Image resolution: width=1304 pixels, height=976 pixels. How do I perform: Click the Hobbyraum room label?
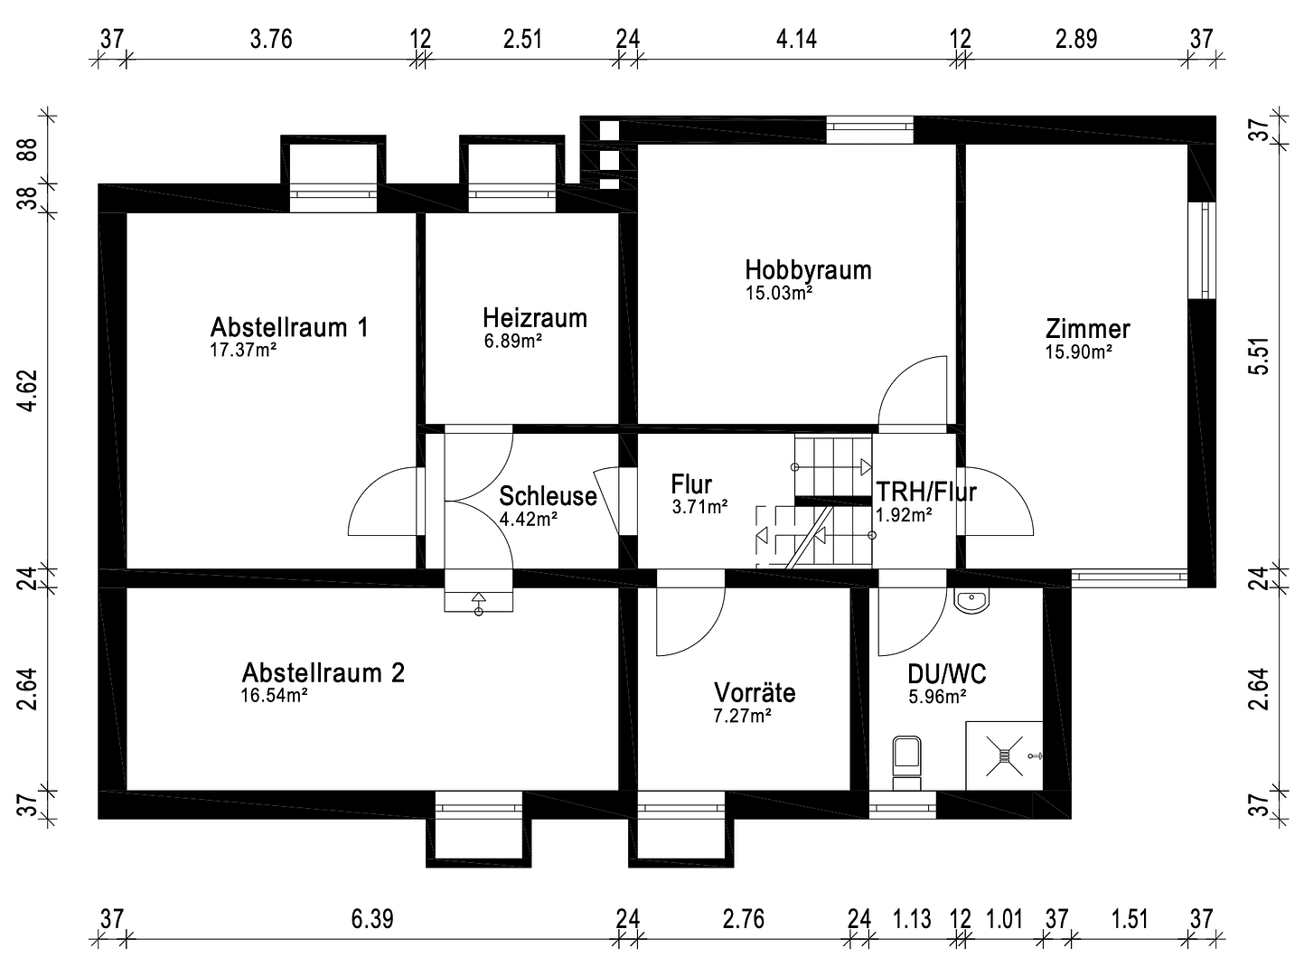808,269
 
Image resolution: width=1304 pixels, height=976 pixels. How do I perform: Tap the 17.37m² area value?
242,351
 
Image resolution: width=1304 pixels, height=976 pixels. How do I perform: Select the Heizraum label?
534,318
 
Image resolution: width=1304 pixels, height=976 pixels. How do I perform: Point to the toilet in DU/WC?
905,759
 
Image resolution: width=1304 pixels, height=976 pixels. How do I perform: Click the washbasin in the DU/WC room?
971,600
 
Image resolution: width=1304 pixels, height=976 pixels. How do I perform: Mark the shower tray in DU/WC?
1004,755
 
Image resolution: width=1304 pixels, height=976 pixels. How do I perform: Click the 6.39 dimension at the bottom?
372,920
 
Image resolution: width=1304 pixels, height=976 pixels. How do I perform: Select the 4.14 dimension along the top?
796,40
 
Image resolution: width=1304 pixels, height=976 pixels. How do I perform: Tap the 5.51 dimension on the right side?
1262,356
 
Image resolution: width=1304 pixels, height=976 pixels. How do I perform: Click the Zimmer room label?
1087,329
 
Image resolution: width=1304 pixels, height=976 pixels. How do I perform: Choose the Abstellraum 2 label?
323,672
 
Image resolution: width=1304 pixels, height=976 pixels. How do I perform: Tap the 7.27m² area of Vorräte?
741,716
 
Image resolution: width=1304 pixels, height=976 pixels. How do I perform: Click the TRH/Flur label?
925,493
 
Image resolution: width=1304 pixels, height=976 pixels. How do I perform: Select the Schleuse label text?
548,496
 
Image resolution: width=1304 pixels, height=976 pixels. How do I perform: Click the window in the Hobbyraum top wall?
869,130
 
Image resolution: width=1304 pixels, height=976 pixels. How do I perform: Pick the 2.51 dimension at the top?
523,40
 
